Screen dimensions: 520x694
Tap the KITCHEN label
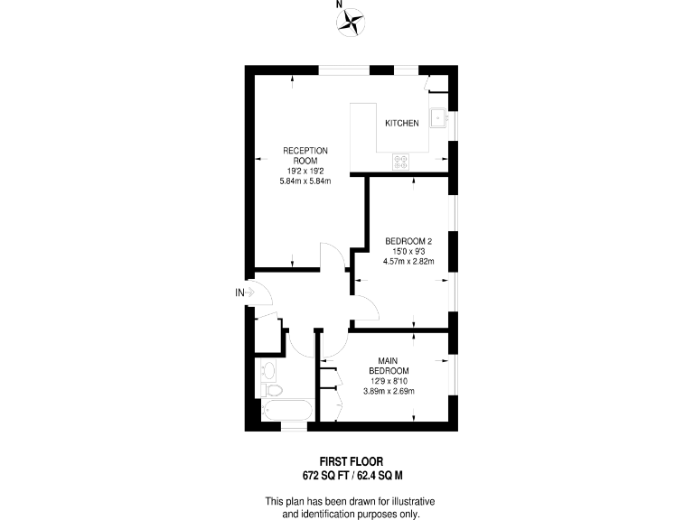(402, 123)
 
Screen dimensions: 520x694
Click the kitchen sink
(438, 117)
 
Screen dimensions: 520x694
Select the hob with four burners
(400, 162)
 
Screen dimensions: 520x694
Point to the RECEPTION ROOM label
(305, 155)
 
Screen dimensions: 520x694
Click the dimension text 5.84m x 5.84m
(305, 181)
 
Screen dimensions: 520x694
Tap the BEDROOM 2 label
(409, 240)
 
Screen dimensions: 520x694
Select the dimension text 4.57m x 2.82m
(409, 262)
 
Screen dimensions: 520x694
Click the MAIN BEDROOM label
(389, 366)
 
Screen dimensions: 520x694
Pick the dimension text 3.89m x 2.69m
(389, 391)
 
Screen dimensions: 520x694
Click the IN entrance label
(239, 292)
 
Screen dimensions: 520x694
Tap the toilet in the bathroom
(274, 389)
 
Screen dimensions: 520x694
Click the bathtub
(286, 412)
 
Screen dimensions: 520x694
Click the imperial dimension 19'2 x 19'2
(305, 171)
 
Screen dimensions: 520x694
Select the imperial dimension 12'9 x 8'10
(389, 381)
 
